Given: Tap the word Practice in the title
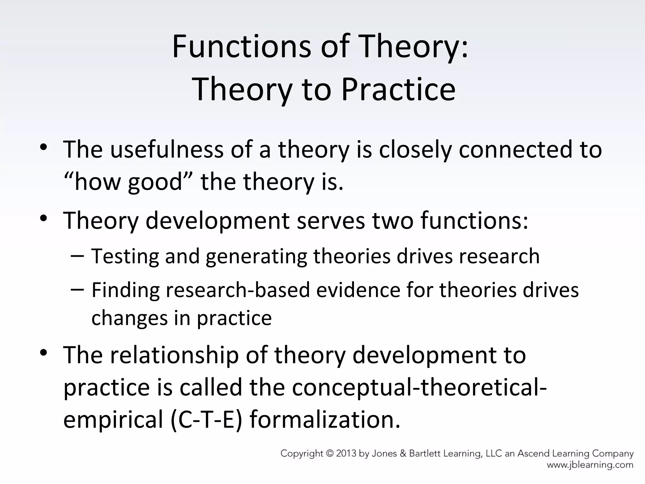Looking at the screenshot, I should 398,89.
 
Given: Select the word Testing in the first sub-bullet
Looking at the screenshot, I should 125,256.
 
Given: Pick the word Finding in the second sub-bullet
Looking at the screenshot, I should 125,290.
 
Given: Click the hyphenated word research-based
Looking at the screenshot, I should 238,290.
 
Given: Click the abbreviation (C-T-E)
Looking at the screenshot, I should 206,420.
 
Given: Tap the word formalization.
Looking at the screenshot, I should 325,420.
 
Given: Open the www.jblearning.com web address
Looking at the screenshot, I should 590,465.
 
